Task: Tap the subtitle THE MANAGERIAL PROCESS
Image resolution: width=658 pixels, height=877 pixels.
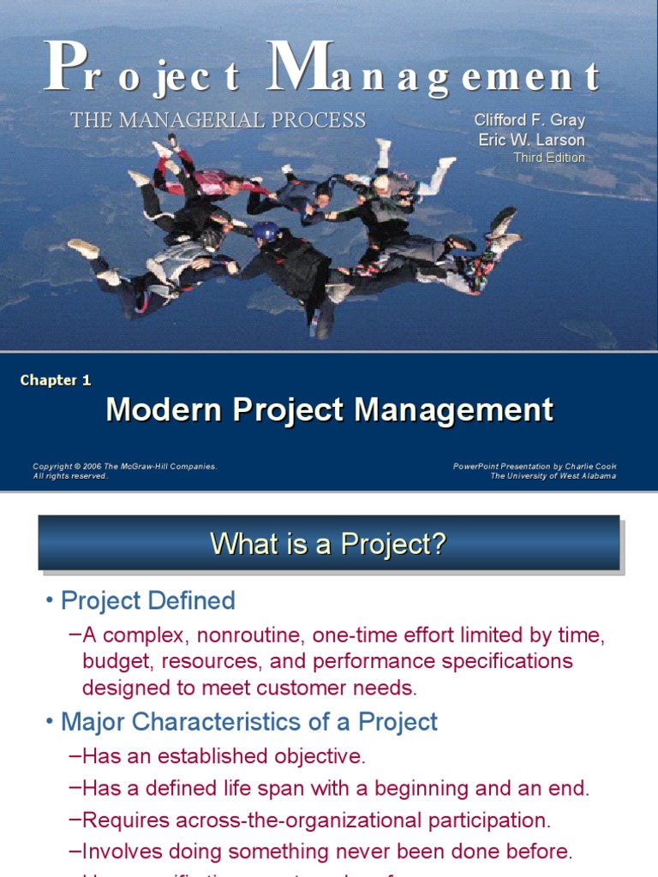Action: coord(218,121)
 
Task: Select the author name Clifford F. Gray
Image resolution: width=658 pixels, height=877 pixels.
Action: coord(529,121)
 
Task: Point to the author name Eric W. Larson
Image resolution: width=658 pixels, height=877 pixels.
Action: coord(531,140)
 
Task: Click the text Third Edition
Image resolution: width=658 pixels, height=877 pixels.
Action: coord(549,158)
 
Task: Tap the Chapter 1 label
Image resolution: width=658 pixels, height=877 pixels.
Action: coord(56,380)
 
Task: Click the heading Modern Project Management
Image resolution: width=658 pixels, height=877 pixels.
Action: coord(330,410)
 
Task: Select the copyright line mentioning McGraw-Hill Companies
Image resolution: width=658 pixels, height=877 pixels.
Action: coord(125,467)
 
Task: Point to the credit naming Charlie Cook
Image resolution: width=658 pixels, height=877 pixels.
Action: coord(535,467)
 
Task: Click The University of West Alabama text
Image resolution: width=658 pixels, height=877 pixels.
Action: coord(553,476)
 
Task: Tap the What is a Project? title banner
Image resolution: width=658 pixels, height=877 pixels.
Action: coord(329,543)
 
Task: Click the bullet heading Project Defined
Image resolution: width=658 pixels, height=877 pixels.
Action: coord(147,601)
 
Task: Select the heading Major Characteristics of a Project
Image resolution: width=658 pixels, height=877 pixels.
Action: coord(248,722)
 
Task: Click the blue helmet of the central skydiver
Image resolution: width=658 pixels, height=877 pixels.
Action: coord(265,230)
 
